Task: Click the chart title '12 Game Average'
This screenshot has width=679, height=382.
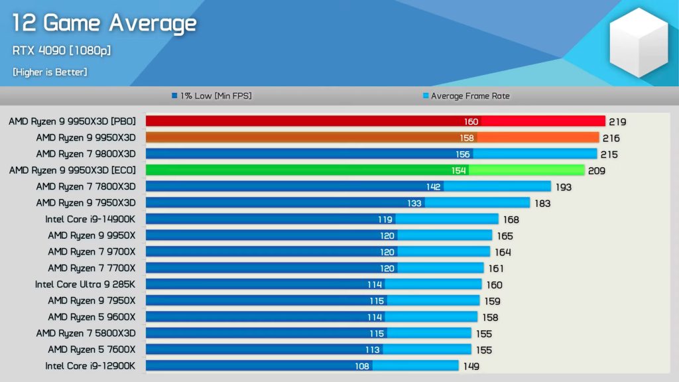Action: tap(104, 24)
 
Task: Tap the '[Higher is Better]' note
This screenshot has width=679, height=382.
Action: tap(50, 72)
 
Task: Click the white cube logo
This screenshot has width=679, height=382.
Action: tap(639, 42)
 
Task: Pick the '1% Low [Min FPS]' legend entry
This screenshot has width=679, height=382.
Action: tap(212, 96)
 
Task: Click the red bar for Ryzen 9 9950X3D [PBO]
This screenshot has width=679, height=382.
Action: tap(375, 121)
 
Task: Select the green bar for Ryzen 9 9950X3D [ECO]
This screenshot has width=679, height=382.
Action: tap(365, 170)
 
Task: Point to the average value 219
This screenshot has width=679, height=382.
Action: tap(618, 122)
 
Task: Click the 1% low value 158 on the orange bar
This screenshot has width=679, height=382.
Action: tap(467, 138)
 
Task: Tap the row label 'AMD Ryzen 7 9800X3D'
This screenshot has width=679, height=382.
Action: tap(86, 154)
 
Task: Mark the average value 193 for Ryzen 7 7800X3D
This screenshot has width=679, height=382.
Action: tap(563, 187)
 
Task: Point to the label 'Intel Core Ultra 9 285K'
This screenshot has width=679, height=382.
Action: tap(85, 284)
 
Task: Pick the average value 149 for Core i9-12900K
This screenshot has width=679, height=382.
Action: tap(470, 366)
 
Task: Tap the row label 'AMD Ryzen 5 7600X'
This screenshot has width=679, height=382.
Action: tap(92, 349)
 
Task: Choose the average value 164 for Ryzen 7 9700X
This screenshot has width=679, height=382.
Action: tap(503, 252)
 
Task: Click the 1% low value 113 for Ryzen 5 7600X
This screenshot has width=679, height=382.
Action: tap(372, 350)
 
